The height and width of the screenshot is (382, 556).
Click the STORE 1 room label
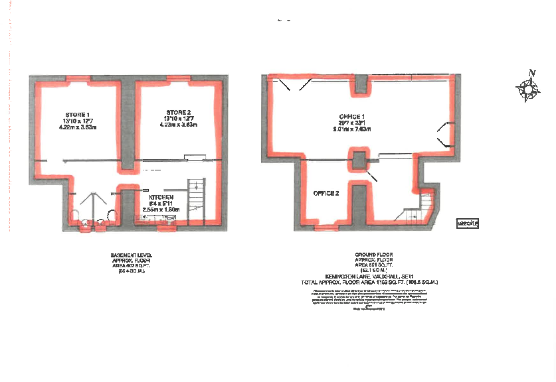click(x=78, y=113)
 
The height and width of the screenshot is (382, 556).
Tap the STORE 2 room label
click(x=179, y=111)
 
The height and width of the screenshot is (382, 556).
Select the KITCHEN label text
click(x=161, y=198)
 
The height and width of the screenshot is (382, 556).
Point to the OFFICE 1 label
click(x=352, y=117)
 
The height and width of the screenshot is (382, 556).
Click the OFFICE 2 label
click(x=327, y=194)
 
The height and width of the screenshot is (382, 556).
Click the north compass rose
click(x=529, y=88)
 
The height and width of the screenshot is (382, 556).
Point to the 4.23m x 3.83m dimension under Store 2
click(x=179, y=124)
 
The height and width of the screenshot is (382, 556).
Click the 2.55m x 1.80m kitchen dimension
click(x=161, y=210)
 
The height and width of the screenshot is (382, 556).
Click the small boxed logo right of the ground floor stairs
click(x=468, y=223)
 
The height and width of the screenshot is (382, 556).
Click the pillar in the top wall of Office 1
click(x=361, y=84)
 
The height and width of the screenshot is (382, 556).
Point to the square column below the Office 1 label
click(x=359, y=159)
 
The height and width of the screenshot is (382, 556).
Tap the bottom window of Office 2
click(x=325, y=227)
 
